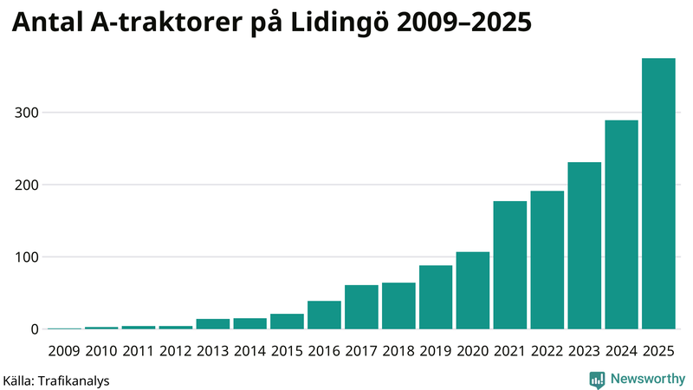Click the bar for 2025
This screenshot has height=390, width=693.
[658, 194]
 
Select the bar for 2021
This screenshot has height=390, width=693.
[510, 265]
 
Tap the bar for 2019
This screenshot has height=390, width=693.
[436, 297]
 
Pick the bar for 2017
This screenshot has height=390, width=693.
[361, 307]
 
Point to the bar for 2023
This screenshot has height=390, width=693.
[584, 245]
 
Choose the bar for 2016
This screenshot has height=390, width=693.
[324, 315]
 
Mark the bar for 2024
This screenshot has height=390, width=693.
[621, 224]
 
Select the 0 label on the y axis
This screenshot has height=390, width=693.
[34, 329]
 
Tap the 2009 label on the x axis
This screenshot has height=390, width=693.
[64, 350]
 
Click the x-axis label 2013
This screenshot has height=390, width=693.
[212, 350]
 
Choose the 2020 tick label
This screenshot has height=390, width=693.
[473, 350]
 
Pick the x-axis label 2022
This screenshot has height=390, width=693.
[547, 350]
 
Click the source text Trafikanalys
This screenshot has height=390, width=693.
[72, 380]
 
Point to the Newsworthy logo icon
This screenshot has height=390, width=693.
[597, 379]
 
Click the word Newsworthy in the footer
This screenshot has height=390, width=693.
[648, 379]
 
